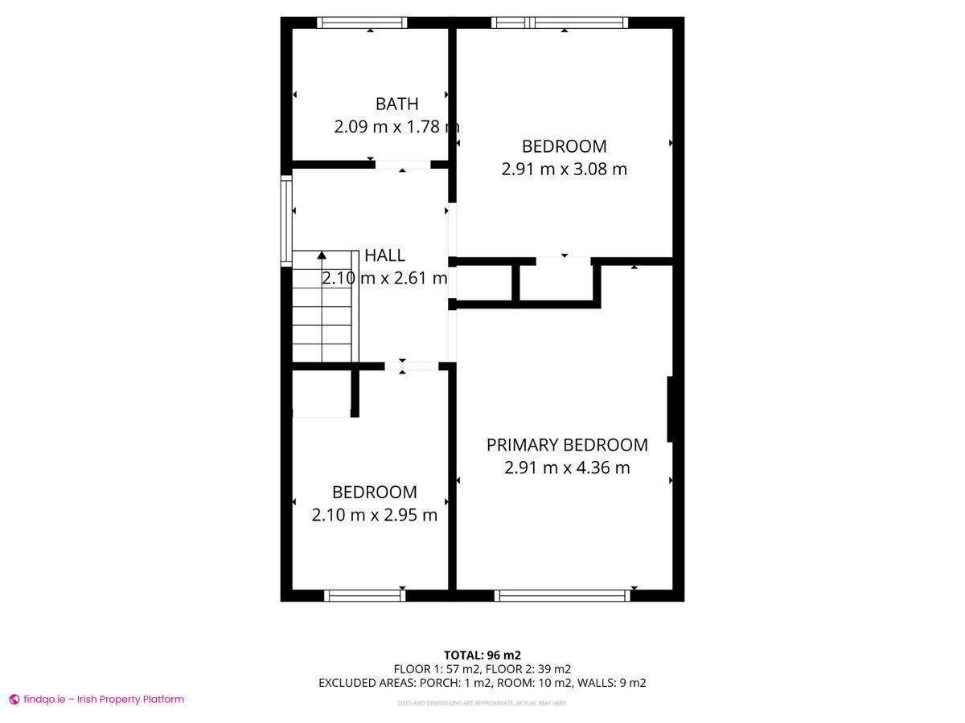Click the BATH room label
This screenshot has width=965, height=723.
pos(396,104)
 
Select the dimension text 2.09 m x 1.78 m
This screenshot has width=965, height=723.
pos(396,127)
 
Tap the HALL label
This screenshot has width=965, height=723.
pos(384,255)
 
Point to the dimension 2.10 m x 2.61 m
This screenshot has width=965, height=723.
pos(384,279)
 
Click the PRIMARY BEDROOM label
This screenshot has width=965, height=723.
pos(567,445)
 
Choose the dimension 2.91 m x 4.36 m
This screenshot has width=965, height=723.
pos(567,468)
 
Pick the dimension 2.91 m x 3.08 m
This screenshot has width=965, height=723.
pos(564,170)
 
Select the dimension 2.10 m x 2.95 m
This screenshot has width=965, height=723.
pos(374,515)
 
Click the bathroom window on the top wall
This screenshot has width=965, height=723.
pos(361,22)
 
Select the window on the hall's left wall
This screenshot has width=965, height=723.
pos(285,221)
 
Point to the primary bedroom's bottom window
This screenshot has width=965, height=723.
pos(561,595)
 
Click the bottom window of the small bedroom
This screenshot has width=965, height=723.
pos(364,595)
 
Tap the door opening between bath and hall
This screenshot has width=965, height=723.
pos(403,165)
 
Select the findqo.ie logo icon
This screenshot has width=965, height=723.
pos(14,700)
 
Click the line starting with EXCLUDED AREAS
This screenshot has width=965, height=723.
pos(482,683)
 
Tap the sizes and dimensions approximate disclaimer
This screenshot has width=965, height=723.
pos(482,703)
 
